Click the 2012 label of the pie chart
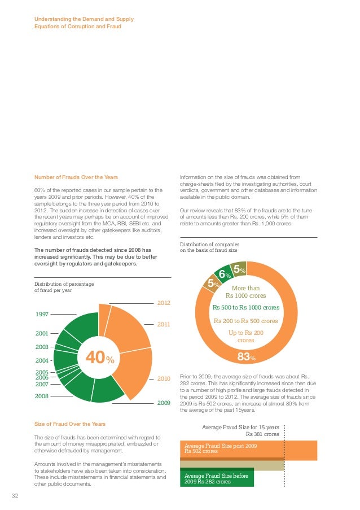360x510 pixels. pos(164,303)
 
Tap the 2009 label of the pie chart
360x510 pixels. pos(164,403)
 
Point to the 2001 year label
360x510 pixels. pos(41,334)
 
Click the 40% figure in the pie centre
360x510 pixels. pos(100,358)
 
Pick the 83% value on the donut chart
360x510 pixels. pos(245,356)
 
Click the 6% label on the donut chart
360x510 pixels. pos(223,274)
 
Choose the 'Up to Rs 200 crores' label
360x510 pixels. pos(245,337)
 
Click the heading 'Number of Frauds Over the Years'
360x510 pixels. pos(76,177)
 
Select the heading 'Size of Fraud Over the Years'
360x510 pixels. pos(70,424)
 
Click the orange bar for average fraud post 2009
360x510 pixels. pos(248,450)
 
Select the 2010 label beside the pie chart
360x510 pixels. pos(164,378)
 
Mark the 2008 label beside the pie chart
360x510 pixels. pos(41,396)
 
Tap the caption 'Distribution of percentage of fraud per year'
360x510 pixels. pos(64,287)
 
